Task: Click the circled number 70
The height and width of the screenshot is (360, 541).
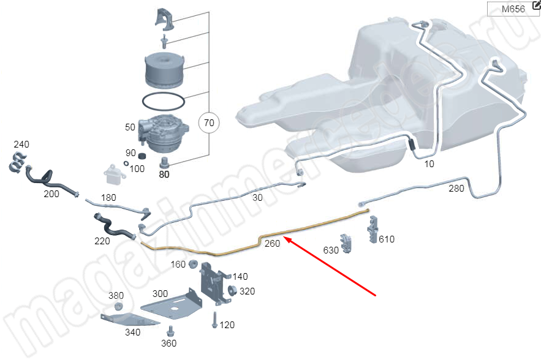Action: (x=209, y=123)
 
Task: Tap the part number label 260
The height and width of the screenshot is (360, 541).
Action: (x=272, y=244)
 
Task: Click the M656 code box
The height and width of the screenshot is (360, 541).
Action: (x=513, y=9)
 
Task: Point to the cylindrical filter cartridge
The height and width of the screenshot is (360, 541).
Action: (x=165, y=70)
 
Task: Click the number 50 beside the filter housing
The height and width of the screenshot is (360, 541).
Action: (x=130, y=127)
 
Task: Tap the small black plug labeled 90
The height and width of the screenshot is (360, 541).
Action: (x=142, y=157)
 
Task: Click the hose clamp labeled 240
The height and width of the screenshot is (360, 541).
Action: (x=17, y=162)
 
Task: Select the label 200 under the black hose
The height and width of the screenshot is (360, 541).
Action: (x=51, y=194)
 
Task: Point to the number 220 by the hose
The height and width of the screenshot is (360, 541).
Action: (x=102, y=241)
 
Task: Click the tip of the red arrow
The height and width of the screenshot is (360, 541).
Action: (x=284, y=237)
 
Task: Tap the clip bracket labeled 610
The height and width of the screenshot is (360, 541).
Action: (x=373, y=230)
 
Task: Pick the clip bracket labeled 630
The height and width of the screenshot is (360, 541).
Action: (x=346, y=244)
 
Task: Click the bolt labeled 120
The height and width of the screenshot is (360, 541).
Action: (x=214, y=320)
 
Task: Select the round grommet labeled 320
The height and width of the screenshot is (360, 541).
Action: (x=232, y=291)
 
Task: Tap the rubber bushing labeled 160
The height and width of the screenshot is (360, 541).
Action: (x=192, y=264)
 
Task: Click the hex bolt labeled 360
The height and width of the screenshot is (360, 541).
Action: (x=170, y=331)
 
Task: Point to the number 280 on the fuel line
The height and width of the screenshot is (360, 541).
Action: (x=456, y=189)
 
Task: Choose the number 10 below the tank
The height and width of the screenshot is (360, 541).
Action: (x=429, y=164)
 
